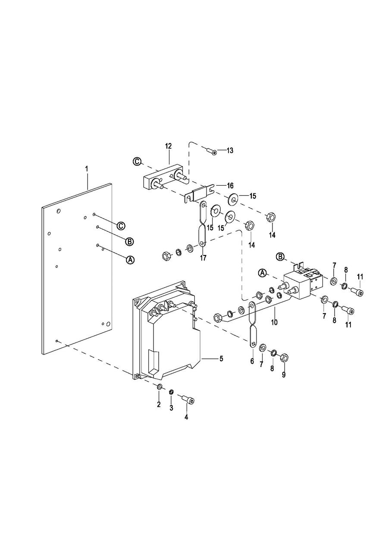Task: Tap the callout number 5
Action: pos(221,358)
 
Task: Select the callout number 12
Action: pos(168,146)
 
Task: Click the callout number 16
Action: pos(230,185)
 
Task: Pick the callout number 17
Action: pos(203,258)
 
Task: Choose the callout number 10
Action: pos(274,322)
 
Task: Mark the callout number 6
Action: pos(252,361)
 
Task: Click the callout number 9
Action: pos(284,375)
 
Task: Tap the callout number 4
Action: pos(186,417)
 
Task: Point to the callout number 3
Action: pos(171,408)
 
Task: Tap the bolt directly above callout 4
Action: pos(188,400)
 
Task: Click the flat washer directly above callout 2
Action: pos(160,387)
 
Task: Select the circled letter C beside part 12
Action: pos(137,162)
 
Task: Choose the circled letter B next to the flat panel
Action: pos(129,241)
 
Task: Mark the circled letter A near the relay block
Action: pos(263,273)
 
